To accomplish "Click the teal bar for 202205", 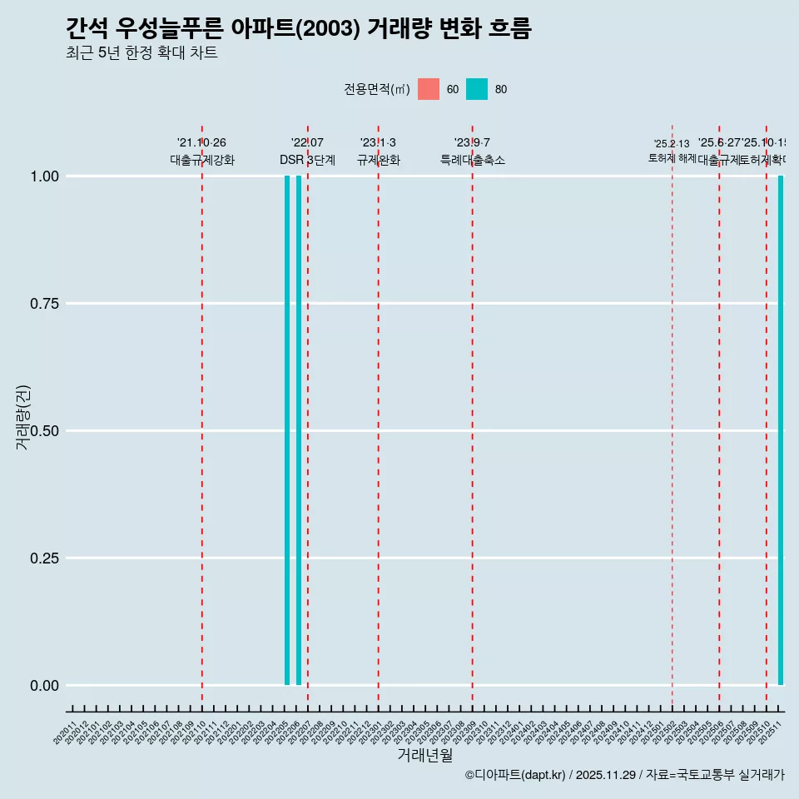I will coord(287,430).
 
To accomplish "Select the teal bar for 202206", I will coord(299,430).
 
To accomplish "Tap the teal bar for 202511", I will coord(781,430).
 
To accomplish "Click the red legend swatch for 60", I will coord(429,89).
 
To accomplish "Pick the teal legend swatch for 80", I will coord(477,89).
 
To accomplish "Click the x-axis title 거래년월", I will coord(424,755).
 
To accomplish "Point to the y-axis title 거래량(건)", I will coord(22,418).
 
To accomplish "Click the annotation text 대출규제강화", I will coord(202,160).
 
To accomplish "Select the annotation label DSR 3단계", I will coord(307,160).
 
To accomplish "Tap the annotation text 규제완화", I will coord(379,160).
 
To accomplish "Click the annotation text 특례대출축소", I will coord(473,160).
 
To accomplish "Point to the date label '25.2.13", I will coord(672,144).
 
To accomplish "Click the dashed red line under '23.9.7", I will coord(473,416).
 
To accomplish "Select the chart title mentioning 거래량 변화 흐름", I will coord(298,29).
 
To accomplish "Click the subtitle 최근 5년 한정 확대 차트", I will coord(141,53).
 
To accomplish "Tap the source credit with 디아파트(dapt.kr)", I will coord(624,775).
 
